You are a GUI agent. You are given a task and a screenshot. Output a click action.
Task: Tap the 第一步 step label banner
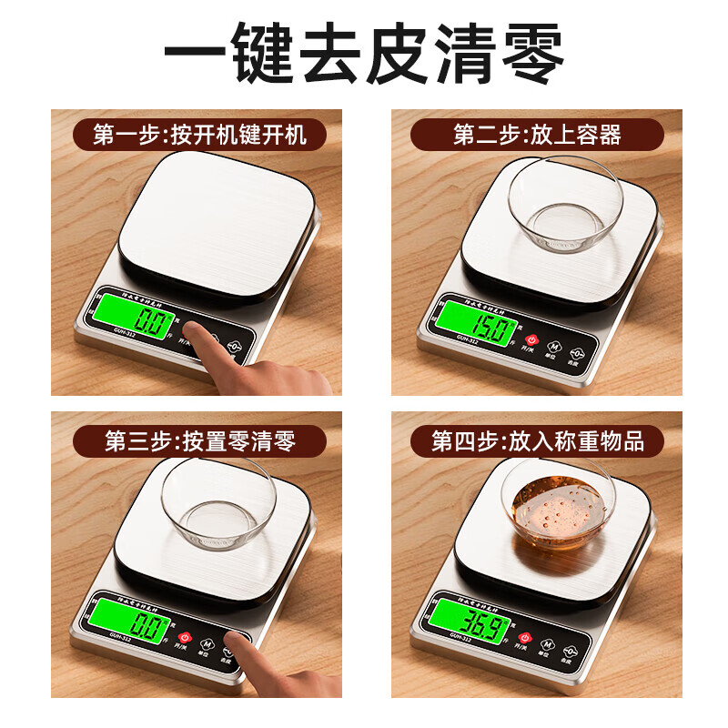click(x=197, y=136)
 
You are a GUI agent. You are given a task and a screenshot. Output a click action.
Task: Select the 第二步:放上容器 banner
click(x=537, y=136)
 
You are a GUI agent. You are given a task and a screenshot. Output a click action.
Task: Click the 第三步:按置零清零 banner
click(x=197, y=442)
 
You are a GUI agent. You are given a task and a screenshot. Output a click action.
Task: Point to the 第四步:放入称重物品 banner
click(x=537, y=442)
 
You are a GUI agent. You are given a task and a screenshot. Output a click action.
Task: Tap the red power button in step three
click(x=186, y=638)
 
